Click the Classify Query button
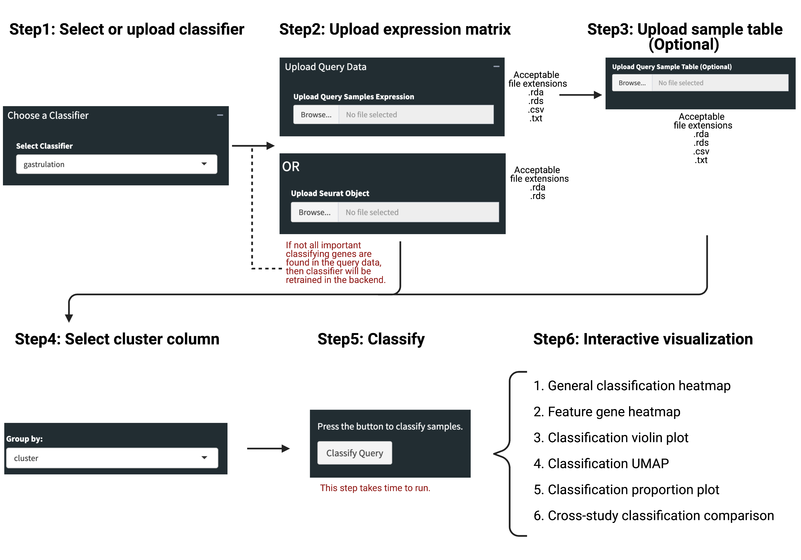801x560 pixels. click(355, 453)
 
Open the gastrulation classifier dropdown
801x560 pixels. click(116, 164)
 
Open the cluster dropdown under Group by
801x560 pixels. click(112, 458)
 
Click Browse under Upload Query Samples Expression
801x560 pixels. click(316, 115)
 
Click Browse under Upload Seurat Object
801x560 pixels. click(315, 212)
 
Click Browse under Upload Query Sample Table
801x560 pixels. click(632, 83)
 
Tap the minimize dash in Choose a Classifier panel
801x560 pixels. click(220, 115)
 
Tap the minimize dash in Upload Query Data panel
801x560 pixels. click(496, 66)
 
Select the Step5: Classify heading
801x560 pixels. click(371, 339)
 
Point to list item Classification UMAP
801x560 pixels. click(601, 463)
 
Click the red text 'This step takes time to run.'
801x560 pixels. click(375, 488)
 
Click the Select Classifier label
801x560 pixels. click(44, 146)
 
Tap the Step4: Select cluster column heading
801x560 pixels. click(117, 339)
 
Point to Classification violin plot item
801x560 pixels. click(611, 438)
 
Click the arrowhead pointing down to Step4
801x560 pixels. click(69, 318)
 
